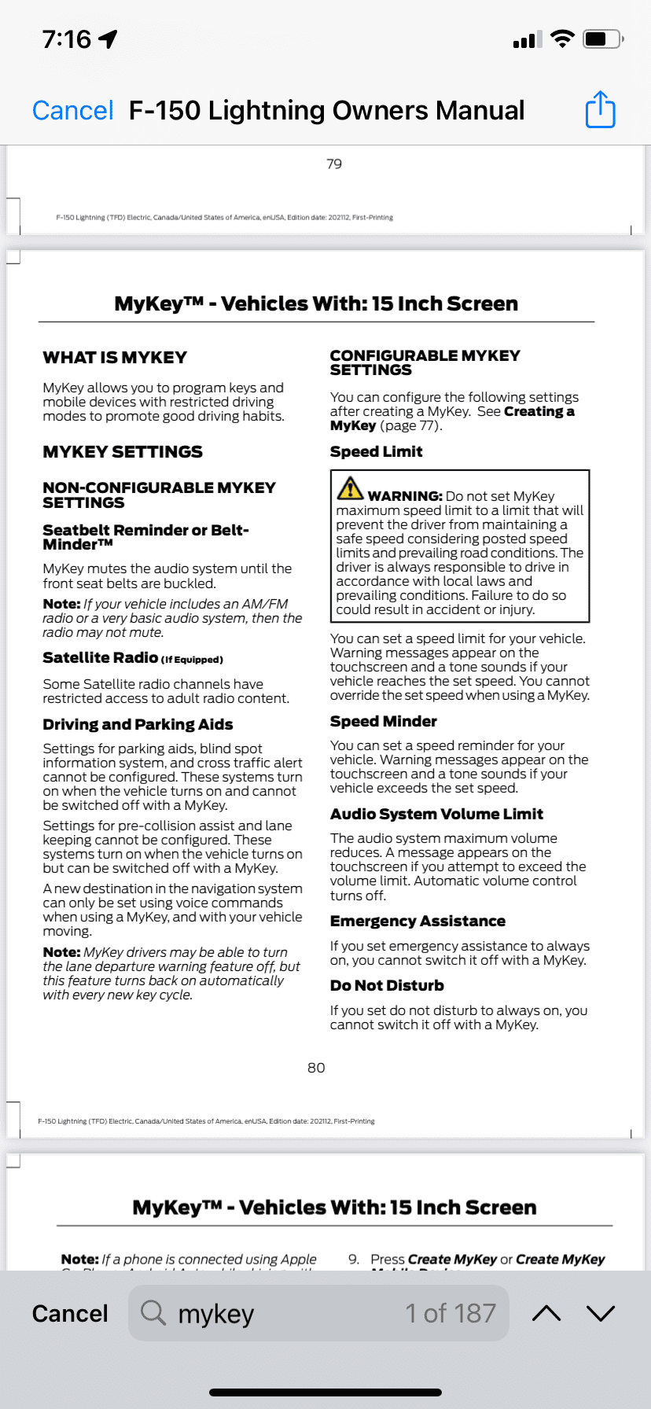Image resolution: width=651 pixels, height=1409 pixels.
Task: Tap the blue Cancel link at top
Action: (73, 111)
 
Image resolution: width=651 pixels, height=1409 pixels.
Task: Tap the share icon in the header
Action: (600, 109)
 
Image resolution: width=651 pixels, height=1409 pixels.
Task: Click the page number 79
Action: (334, 164)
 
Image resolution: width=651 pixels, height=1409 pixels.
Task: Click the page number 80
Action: (316, 1068)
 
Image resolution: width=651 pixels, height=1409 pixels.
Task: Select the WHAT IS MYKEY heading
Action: (115, 358)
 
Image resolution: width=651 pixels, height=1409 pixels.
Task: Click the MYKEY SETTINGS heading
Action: (123, 452)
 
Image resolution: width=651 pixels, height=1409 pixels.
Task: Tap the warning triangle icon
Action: (350, 488)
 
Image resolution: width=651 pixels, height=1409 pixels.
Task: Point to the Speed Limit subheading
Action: (376, 452)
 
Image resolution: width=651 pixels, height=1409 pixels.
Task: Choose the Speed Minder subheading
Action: (383, 722)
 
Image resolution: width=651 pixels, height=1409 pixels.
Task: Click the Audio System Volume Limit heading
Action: (436, 815)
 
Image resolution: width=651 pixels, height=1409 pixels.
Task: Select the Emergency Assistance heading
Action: (417, 922)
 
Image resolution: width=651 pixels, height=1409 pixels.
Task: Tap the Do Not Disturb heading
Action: (387, 986)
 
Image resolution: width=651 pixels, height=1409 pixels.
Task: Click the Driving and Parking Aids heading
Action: (138, 725)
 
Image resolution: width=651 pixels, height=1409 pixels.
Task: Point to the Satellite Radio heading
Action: (101, 658)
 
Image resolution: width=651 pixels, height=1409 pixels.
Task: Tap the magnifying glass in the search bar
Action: (153, 1313)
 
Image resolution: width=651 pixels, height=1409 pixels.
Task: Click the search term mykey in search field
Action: (216, 1314)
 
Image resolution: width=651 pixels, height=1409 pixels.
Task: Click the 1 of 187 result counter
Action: (450, 1313)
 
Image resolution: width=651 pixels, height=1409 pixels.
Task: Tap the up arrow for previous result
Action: (546, 1313)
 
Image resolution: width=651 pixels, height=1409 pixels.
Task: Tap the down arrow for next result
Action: (601, 1313)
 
